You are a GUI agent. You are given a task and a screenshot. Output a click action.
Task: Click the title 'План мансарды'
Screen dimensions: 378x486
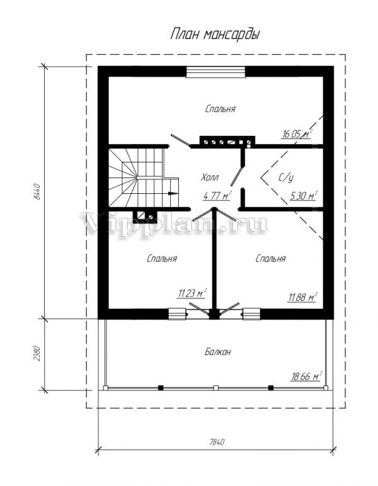215,34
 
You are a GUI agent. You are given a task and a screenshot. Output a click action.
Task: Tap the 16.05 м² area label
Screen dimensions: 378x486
297,134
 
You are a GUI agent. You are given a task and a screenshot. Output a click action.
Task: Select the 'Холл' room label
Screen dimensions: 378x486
210,178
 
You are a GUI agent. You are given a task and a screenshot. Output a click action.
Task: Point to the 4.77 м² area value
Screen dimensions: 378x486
218,196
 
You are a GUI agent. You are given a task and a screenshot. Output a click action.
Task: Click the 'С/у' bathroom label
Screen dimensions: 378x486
285,178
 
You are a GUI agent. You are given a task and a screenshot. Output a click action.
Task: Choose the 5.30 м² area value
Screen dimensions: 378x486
303,196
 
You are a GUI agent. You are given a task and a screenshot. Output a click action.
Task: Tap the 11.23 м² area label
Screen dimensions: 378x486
192,293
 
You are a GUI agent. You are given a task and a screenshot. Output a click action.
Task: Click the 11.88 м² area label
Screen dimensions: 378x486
302,297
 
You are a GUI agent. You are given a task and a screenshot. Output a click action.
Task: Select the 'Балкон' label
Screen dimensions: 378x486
218,352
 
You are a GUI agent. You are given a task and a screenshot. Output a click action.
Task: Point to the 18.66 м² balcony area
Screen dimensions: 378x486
306,376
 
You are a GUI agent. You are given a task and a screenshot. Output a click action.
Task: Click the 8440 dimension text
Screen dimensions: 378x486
37,191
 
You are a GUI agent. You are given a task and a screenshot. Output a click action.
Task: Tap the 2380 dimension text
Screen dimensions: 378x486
37,353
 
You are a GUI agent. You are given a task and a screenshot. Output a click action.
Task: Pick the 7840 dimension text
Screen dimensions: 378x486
216,442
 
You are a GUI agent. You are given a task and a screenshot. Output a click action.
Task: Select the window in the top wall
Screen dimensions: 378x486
215,72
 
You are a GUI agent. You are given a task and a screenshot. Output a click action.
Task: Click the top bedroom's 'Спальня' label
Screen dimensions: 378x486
220,109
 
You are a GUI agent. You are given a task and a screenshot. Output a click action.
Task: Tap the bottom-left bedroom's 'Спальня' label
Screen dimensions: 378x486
162,259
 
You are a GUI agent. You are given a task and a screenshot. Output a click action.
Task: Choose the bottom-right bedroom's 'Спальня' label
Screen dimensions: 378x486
270,259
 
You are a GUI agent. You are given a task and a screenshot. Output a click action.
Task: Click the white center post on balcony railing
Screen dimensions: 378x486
216,388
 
